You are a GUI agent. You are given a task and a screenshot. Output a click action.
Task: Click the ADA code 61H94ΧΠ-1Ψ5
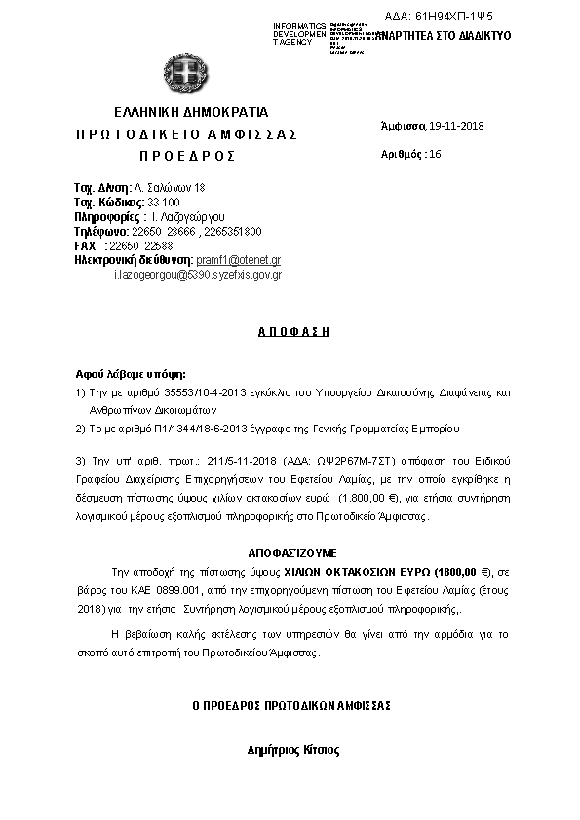click(x=454, y=18)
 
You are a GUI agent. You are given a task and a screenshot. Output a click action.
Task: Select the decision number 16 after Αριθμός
click(x=435, y=154)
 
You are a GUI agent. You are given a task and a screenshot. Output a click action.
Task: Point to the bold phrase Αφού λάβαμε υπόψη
click(x=130, y=374)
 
